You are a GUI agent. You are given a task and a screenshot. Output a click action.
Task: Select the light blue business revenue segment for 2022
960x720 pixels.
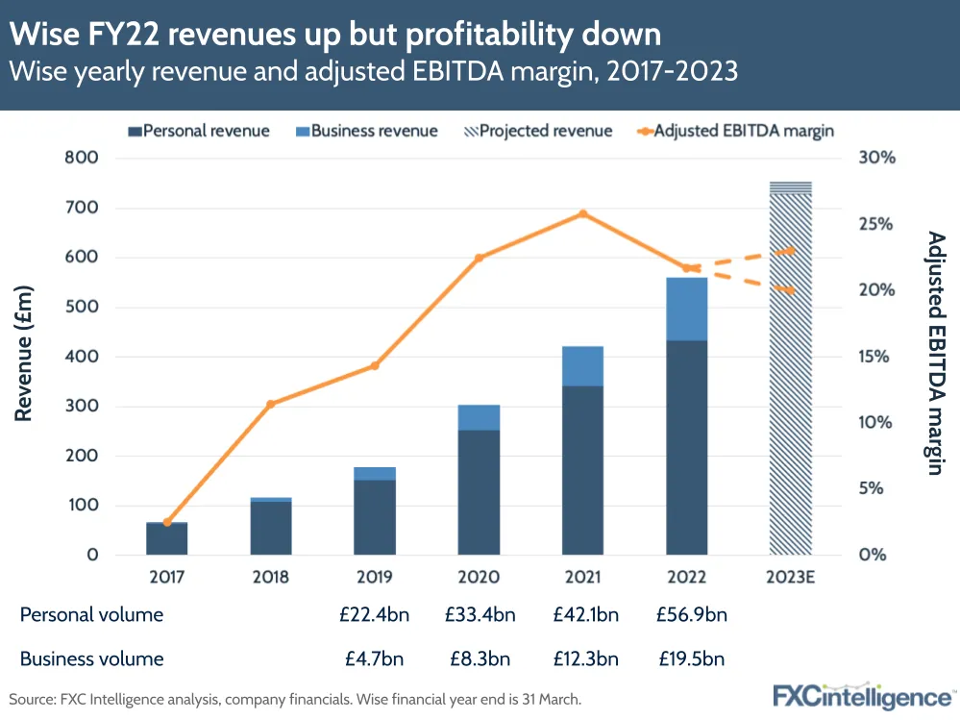click(x=687, y=309)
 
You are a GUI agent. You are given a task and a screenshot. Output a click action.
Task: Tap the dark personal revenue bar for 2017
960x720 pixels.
click(x=166, y=539)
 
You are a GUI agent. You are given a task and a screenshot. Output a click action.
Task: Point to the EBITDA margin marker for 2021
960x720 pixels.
click(x=582, y=213)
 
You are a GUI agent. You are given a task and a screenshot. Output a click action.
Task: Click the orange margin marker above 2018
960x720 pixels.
click(x=270, y=404)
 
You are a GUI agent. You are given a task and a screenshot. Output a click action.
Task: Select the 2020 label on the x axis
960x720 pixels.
click(x=479, y=578)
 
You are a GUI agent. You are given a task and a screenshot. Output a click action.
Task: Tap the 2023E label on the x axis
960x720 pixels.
click(x=791, y=578)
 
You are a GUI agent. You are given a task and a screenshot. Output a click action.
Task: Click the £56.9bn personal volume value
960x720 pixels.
click(x=687, y=614)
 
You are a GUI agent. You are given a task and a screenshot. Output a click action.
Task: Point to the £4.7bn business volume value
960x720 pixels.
click(x=375, y=659)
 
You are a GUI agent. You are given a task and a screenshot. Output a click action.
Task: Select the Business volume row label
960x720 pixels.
click(x=91, y=659)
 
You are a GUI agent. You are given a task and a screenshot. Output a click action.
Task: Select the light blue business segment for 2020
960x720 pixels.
click(x=479, y=417)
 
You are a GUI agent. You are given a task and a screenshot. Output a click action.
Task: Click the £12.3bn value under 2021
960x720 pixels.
click(x=582, y=659)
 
